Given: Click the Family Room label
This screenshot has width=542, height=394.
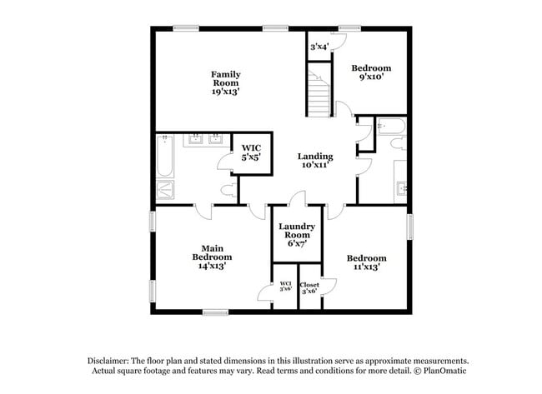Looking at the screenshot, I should [225, 78].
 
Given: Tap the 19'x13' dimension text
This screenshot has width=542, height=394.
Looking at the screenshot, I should [225, 92].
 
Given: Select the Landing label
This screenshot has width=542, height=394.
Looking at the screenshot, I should [315, 156].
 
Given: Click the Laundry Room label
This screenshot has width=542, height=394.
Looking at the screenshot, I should [296, 231].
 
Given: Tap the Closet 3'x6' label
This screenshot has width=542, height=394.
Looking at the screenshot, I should [309, 288].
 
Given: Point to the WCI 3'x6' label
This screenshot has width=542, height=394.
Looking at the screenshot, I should [285, 288].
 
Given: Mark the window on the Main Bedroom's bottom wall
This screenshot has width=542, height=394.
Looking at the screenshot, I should [215, 312].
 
